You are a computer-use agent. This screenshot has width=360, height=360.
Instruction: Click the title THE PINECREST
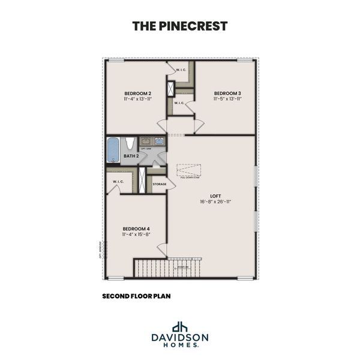(179, 26)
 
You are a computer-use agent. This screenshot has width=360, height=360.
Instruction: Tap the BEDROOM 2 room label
(137, 93)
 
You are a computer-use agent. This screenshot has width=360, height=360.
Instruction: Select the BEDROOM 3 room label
(227, 93)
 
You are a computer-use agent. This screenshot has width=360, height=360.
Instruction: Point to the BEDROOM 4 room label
(136, 228)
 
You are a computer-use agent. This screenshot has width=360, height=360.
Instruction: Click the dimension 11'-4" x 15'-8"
(136, 235)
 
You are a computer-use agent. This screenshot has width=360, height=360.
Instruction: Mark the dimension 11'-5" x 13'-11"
(227, 100)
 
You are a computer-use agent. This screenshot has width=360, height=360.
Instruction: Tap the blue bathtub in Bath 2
(113, 150)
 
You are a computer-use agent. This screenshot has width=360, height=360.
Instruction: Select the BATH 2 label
(131, 157)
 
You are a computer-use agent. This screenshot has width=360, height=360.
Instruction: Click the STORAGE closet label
(160, 184)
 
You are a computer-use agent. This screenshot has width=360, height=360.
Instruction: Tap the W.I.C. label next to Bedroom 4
(117, 182)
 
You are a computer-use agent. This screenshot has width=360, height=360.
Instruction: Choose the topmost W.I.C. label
(182, 70)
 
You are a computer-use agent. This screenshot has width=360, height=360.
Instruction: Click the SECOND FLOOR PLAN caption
(137, 296)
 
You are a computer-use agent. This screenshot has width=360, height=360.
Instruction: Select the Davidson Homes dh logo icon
(179, 327)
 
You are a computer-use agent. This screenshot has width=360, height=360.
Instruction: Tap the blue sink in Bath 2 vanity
(159, 142)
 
